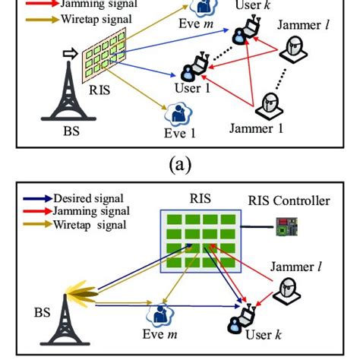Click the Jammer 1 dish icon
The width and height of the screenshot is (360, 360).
pos(270,104)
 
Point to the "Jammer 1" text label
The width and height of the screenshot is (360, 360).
pos(257,128)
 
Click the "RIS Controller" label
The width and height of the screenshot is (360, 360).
pos(289,201)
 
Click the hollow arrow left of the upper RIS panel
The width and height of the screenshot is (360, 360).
pos(70,54)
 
